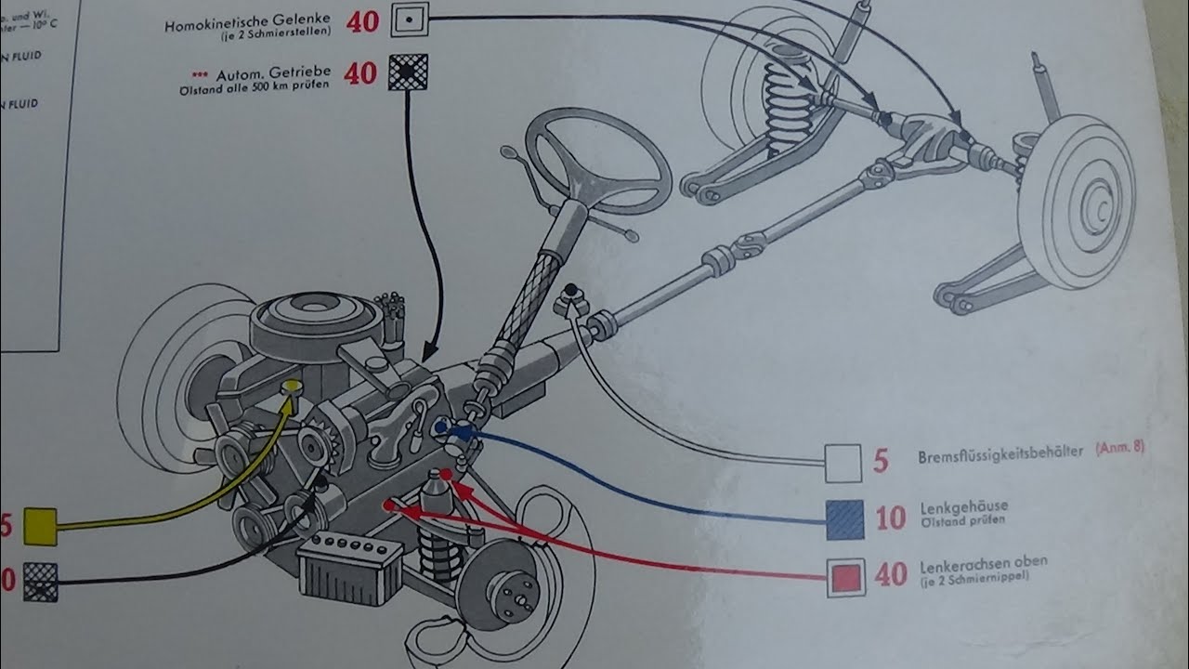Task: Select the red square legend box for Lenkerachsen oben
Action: tap(845, 577)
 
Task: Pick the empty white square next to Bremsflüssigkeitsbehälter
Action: tap(844, 462)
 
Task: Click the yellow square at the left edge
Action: tap(40, 526)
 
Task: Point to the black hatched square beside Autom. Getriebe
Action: tap(408, 71)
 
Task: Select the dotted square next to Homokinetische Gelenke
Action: tap(408, 20)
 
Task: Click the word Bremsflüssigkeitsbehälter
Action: tap(1000, 455)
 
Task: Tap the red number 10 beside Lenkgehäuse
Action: tap(890, 518)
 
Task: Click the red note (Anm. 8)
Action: tap(1119, 448)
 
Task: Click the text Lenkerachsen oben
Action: tap(982, 561)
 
